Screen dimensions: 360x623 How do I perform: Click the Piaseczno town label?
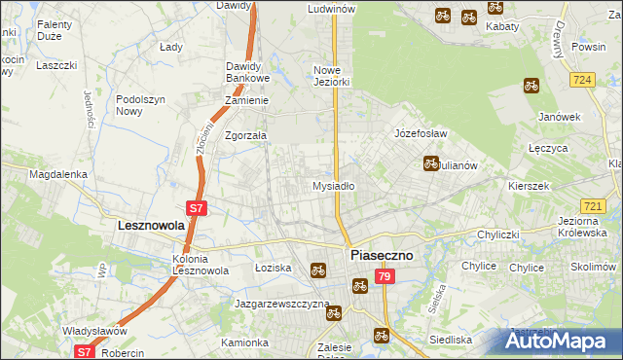pos(381,254)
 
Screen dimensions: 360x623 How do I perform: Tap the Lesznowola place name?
pos(144,225)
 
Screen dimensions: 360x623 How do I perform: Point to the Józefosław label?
pos(420,133)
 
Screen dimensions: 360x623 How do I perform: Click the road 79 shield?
pos(385,278)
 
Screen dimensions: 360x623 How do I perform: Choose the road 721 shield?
pos(592,206)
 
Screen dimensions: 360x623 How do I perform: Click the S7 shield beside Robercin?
pos(85,352)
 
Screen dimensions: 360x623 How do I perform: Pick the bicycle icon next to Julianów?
pos(431,163)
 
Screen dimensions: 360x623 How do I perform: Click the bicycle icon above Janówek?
pos(531,85)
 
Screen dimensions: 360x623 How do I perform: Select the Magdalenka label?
pos(58,174)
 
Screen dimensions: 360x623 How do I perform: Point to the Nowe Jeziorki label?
pos(331,76)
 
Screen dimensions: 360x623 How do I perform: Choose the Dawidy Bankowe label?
pos(247,72)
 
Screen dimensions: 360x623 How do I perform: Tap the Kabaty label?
pos(502,27)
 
